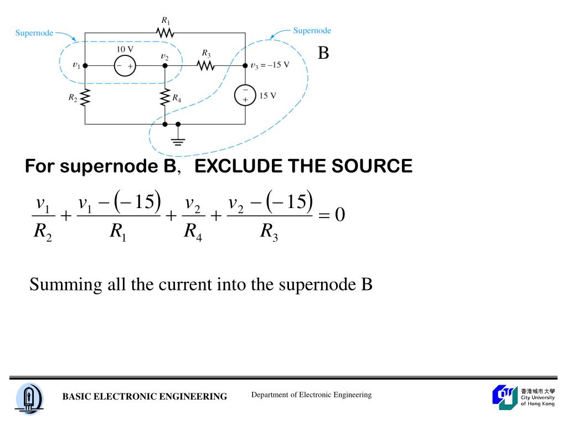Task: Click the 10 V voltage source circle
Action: click(x=125, y=65)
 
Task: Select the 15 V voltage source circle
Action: click(x=245, y=95)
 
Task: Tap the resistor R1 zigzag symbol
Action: click(x=165, y=33)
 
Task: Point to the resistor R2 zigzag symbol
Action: click(x=85, y=98)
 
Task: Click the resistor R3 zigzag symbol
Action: click(x=206, y=65)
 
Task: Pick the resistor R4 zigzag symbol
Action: click(x=164, y=98)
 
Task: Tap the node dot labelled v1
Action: click(x=85, y=65)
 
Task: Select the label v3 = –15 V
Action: click(x=270, y=65)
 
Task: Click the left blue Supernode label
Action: click(x=34, y=33)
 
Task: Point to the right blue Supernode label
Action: click(x=312, y=30)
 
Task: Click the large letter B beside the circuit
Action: click(x=323, y=54)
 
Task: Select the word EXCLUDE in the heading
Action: click(x=233, y=166)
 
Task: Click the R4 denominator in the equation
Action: click(x=193, y=231)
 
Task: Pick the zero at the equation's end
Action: click(x=339, y=214)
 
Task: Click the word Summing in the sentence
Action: click(x=58, y=284)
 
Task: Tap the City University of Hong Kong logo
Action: click(x=523, y=397)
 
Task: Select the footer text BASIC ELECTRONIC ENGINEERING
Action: click(x=145, y=396)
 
